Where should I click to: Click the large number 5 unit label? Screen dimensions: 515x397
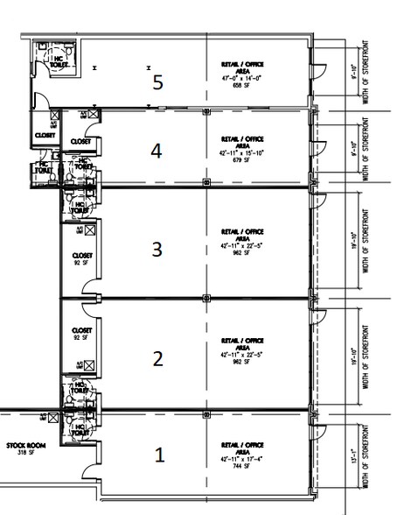157,82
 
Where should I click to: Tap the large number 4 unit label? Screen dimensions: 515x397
157,151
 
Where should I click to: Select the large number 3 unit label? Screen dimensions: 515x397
157,250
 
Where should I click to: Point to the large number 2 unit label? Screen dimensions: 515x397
158,357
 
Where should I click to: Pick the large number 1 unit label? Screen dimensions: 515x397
160,455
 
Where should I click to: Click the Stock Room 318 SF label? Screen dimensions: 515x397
23,448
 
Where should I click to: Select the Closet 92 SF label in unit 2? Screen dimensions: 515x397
81,334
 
